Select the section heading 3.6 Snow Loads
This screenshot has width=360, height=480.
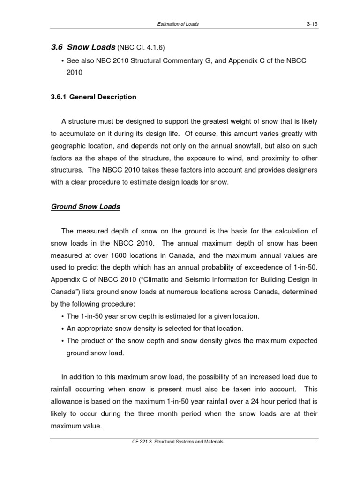[83, 47]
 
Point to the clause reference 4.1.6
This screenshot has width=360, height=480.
[155, 48]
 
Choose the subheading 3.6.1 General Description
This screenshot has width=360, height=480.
[93, 97]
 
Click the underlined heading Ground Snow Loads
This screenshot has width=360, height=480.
[85, 207]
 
